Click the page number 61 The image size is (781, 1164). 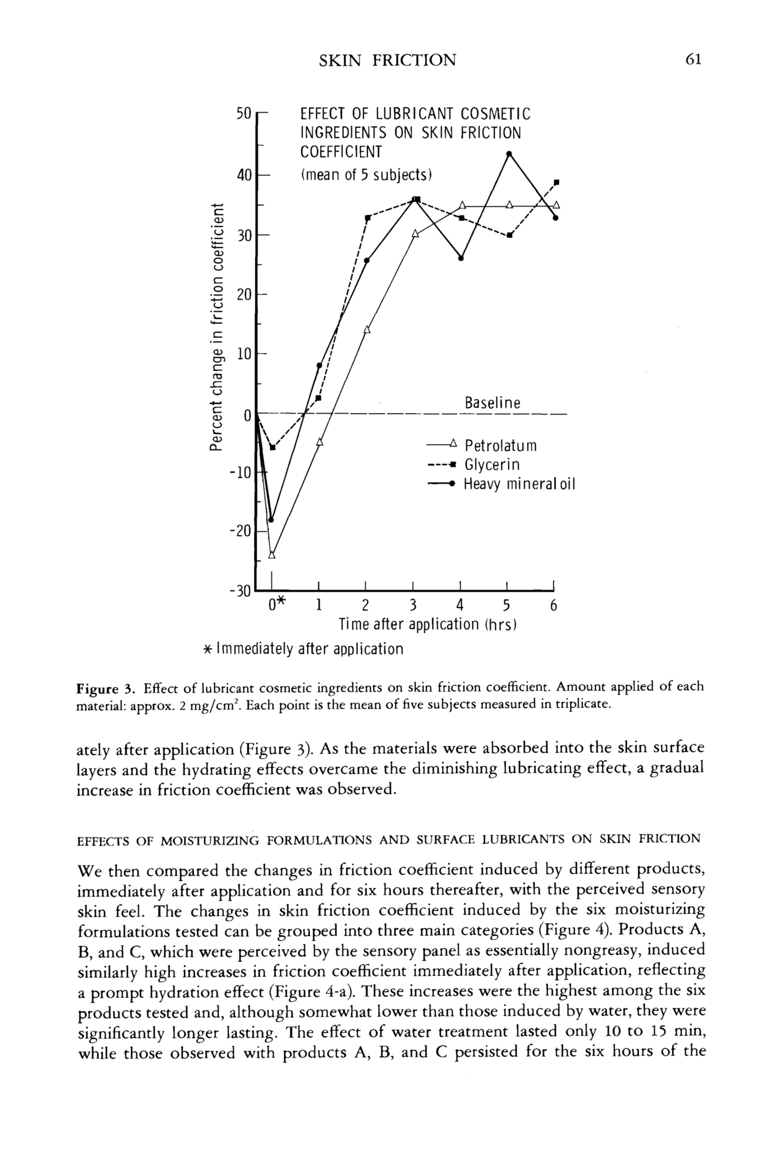[693, 60]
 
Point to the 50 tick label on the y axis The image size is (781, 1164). [244, 113]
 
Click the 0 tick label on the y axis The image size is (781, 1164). [247, 415]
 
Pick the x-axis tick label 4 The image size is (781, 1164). [460, 605]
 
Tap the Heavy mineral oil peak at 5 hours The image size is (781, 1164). [508, 153]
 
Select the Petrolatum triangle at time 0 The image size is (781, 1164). [271, 555]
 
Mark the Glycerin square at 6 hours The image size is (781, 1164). [557, 182]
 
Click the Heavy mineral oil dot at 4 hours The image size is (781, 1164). [461, 258]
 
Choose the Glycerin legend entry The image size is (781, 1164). [491, 465]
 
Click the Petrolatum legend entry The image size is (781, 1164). [500, 445]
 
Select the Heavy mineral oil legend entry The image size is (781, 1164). [519, 484]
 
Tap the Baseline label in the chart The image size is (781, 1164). [492, 403]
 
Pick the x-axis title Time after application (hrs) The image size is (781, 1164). [427, 624]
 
